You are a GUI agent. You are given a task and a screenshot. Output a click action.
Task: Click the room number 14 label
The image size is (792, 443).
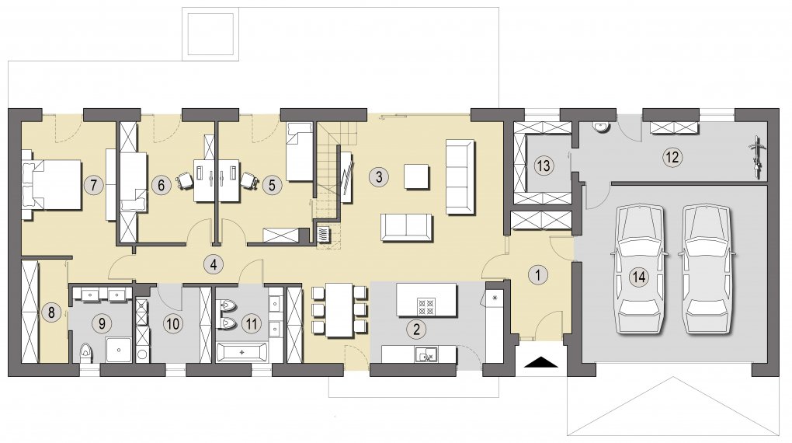(x=640, y=277)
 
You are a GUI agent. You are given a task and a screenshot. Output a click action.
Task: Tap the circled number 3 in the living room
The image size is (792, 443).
(x=379, y=176)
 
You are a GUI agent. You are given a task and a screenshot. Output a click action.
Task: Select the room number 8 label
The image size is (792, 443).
(x=51, y=312)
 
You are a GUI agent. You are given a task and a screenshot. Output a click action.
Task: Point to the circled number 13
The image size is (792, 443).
(x=544, y=166)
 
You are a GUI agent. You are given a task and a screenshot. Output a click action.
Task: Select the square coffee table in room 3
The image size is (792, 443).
(x=417, y=176)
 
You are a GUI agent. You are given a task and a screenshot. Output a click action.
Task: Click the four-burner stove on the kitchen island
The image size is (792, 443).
(x=426, y=306)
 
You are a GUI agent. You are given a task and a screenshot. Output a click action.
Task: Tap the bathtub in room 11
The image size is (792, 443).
(x=242, y=352)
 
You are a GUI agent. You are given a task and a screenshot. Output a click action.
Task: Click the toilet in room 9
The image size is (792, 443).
(x=87, y=351)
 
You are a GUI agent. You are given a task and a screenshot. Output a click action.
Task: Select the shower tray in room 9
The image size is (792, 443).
(x=119, y=350)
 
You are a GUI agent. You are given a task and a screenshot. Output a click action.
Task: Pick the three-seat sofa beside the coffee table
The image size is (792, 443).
(x=460, y=176)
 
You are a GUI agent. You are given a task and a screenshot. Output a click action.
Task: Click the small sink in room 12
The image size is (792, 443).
(x=601, y=127)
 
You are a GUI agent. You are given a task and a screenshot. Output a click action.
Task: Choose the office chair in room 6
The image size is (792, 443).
(x=185, y=181)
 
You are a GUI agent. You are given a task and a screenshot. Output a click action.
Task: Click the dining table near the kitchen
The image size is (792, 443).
(x=339, y=310)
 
